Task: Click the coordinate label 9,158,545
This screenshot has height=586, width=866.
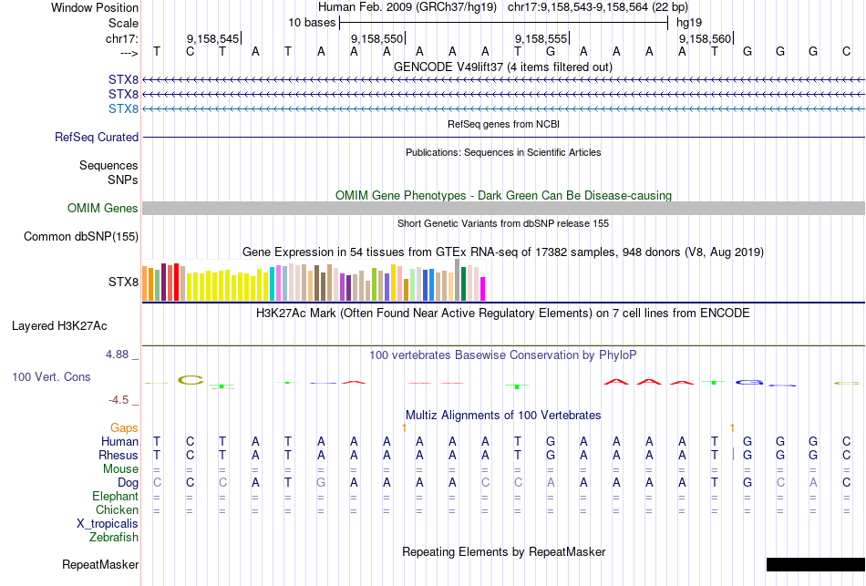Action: pyautogui.click(x=212, y=39)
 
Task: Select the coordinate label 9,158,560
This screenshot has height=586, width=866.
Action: pyautogui.click(x=705, y=39)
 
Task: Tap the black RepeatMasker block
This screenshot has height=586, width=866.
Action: pyautogui.click(x=815, y=565)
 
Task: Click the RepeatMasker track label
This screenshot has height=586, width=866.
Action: pyautogui.click(x=100, y=565)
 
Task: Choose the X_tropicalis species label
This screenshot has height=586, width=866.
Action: pyautogui.click(x=108, y=524)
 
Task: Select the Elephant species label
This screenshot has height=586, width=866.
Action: pyautogui.click(x=115, y=497)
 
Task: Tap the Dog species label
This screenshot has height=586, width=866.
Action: pyautogui.click(x=128, y=482)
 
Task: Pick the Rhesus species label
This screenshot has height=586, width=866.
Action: pyautogui.click(x=119, y=455)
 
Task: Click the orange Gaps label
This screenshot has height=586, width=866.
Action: pyautogui.click(x=124, y=427)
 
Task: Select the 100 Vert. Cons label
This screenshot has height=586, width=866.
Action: pyautogui.click(x=52, y=376)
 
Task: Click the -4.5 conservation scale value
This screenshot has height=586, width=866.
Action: pyautogui.click(x=119, y=399)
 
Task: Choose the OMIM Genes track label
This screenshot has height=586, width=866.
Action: pyautogui.click(x=102, y=209)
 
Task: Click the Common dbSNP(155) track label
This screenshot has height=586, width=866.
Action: pyautogui.click(x=80, y=237)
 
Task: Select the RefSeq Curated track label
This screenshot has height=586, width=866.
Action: pyautogui.click(x=97, y=138)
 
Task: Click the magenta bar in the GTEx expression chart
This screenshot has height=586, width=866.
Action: pyautogui.click(x=483, y=288)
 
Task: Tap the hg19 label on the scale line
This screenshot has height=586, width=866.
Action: pyautogui.click(x=687, y=22)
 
